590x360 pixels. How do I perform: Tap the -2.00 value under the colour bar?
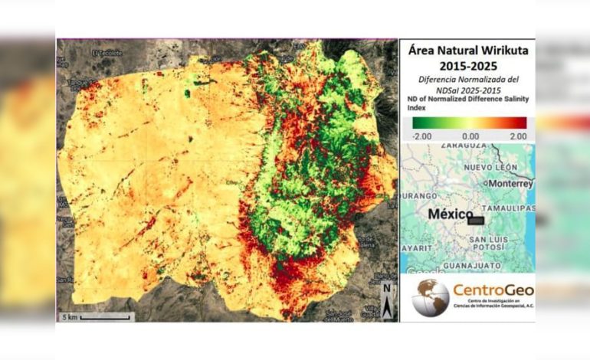click(x=422, y=136)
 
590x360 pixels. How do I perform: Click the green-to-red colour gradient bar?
click(x=469, y=123)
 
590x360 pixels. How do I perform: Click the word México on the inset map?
click(x=448, y=214)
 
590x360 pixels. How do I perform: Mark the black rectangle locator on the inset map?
click(x=477, y=219)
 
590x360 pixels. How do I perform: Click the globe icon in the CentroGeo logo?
click(x=431, y=297)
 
